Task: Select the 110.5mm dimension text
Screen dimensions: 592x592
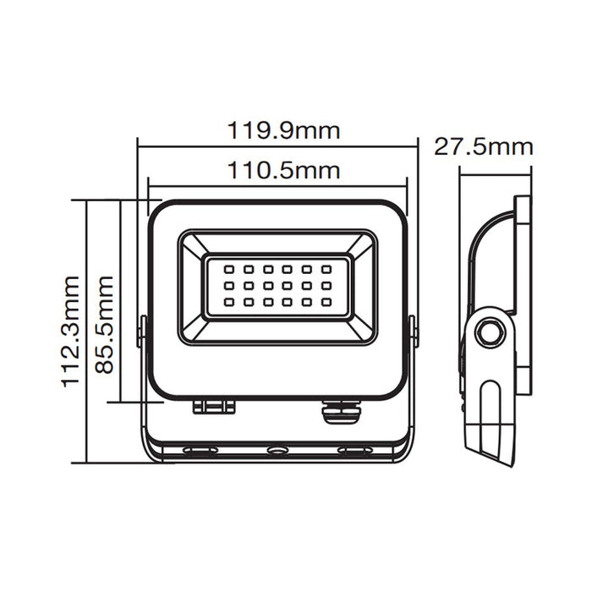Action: (x=282, y=170)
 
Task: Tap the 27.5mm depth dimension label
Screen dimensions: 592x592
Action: (x=483, y=146)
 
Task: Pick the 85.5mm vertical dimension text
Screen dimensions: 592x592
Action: (x=105, y=323)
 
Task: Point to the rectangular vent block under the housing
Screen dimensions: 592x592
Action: (x=213, y=407)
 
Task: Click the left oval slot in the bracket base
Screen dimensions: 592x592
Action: (x=200, y=450)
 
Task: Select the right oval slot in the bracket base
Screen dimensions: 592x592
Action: (x=354, y=450)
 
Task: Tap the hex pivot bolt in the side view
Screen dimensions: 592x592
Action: (x=488, y=332)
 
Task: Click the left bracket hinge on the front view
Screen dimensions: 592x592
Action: (x=143, y=332)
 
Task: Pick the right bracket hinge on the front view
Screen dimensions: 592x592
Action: (x=413, y=332)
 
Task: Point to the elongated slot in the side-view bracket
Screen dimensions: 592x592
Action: (x=491, y=414)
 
